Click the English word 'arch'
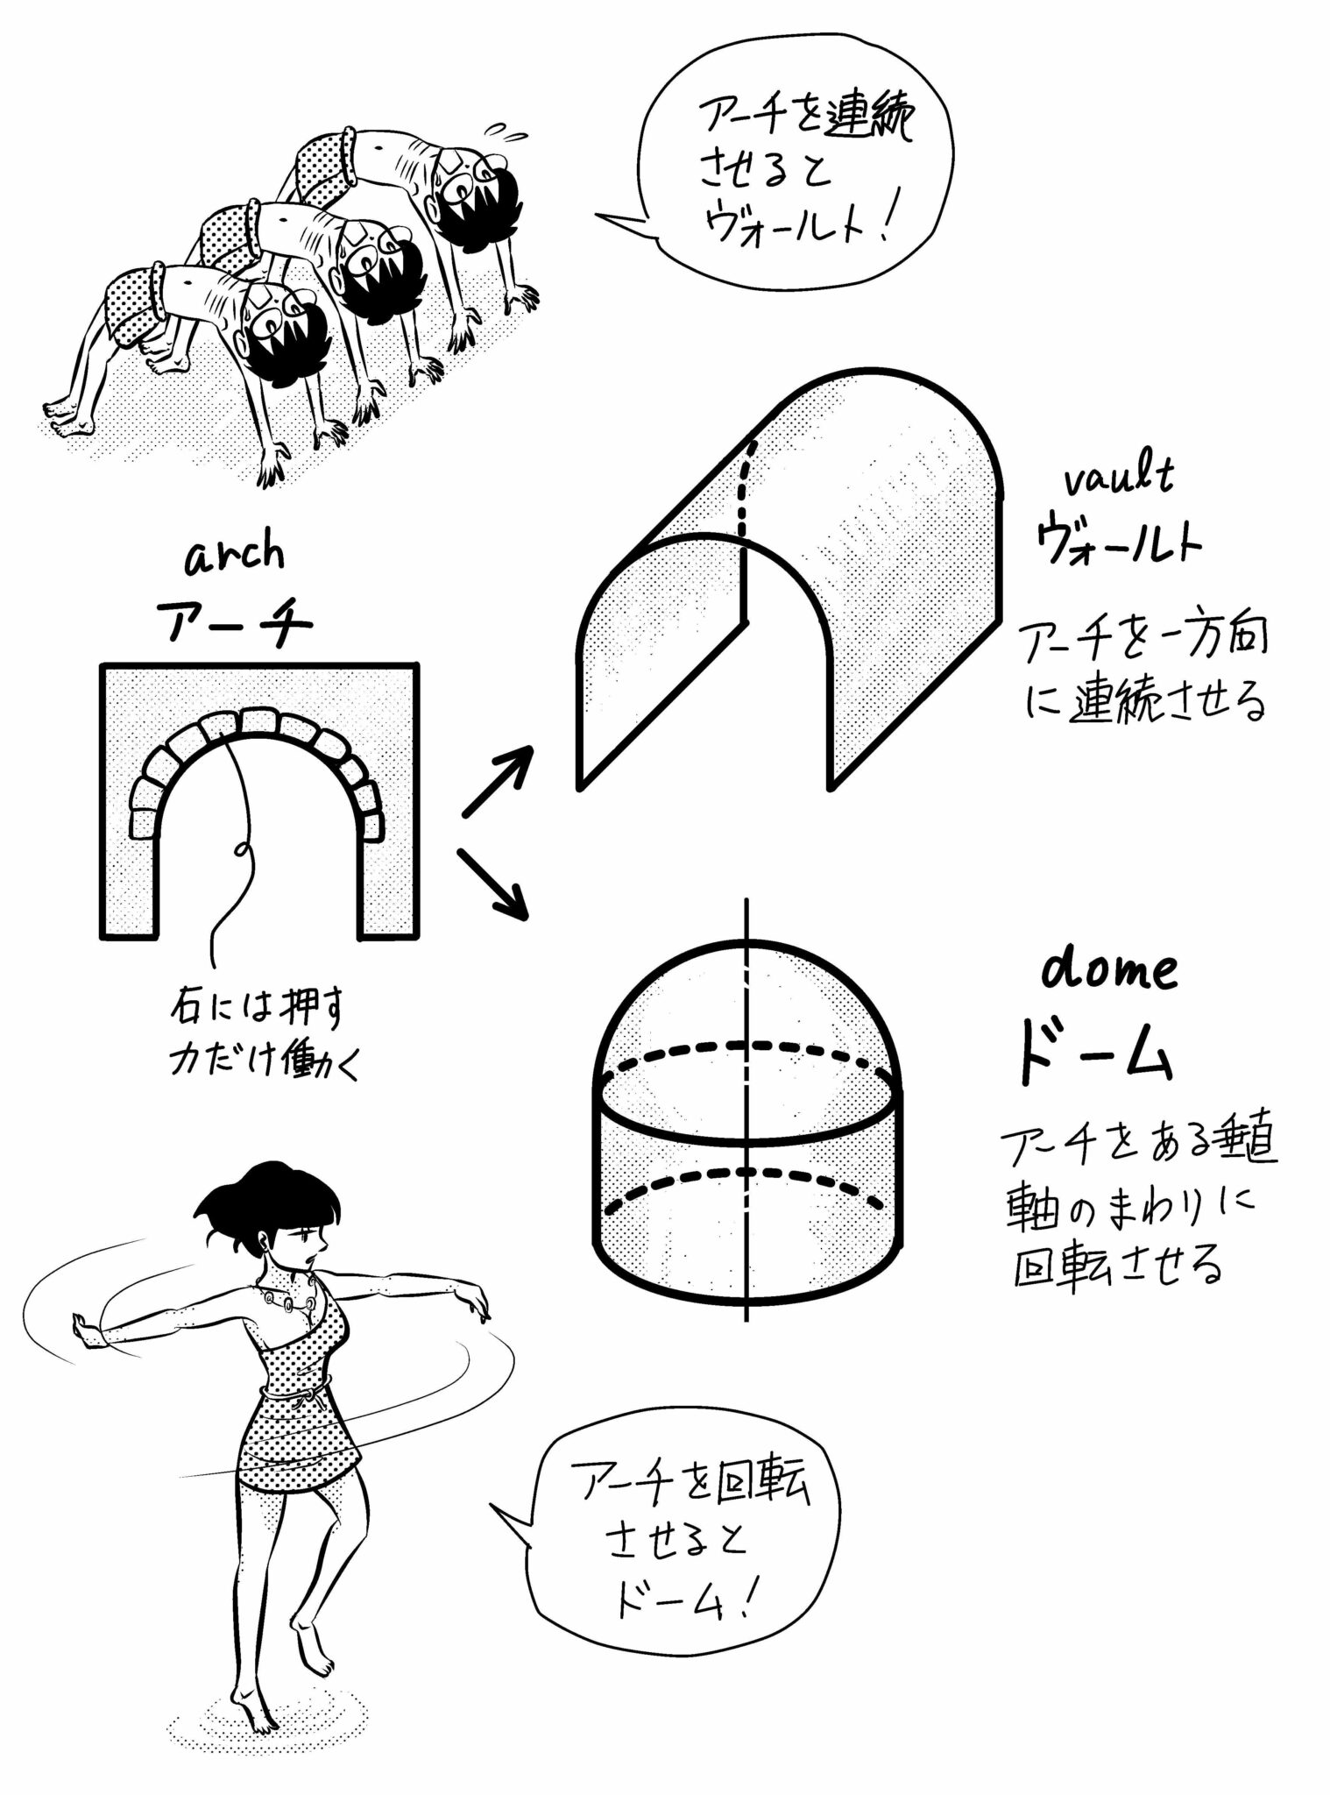[x=235, y=556]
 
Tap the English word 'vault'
[x=1119, y=481]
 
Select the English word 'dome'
[x=1109, y=970]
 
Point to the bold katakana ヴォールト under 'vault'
[x=1119, y=541]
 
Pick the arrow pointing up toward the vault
[x=498, y=780]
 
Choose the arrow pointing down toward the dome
[x=492, y=883]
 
